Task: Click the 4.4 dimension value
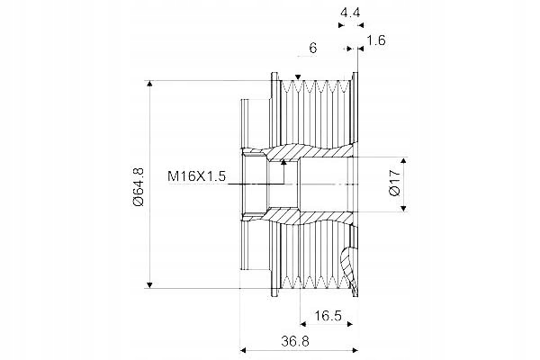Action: point(350,13)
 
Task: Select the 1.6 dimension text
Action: point(375,40)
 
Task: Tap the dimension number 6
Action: point(312,49)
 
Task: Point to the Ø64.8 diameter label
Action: point(139,186)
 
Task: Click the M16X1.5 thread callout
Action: point(196,176)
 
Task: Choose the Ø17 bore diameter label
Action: point(395,183)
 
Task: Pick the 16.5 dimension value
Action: point(328,315)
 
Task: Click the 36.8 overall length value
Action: point(295,341)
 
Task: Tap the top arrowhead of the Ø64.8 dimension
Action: point(149,84)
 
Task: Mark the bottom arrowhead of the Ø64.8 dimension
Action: point(149,285)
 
